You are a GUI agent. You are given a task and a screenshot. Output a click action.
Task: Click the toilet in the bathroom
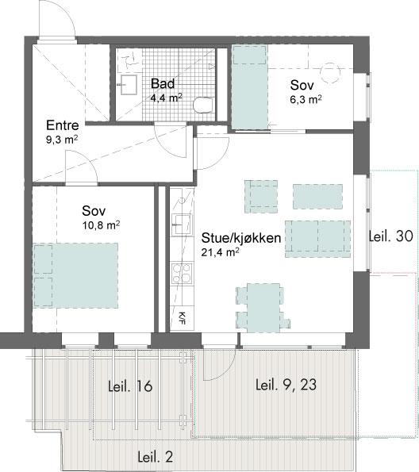point(204,106)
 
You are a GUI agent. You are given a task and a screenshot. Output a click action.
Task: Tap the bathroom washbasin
point(129,85)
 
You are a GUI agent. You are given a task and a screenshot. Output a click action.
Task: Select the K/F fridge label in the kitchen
point(183,318)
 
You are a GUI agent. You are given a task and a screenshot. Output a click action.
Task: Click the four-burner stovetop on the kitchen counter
point(182,274)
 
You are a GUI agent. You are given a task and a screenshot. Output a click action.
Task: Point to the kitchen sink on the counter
point(181,224)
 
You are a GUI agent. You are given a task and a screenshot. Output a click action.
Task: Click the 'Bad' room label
point(163,83)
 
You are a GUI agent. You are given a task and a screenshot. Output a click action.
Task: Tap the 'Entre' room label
point(63,125)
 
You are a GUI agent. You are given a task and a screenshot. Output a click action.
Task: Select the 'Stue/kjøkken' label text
point(241,238)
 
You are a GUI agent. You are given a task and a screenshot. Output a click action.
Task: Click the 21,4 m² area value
point(220,252)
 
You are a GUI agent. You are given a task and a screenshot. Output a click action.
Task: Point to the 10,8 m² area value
point(101,224)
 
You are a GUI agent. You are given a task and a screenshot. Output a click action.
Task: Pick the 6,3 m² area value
point(306,99)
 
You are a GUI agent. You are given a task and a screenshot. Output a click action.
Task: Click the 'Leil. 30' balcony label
point(391,236)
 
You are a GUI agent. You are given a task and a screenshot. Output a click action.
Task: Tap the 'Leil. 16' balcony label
point(130,386)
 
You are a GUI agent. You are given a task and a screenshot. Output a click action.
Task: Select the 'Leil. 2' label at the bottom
point(156,457)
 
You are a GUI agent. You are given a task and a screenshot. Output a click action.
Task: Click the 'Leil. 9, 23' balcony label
point(286,385)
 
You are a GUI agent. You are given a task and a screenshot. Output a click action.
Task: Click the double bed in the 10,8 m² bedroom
point(75,275)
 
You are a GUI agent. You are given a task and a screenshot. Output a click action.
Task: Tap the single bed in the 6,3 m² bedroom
point(249,87)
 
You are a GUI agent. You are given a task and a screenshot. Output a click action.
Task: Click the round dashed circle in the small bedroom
point(330,72)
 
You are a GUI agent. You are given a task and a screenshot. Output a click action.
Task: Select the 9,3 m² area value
point(62,140)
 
